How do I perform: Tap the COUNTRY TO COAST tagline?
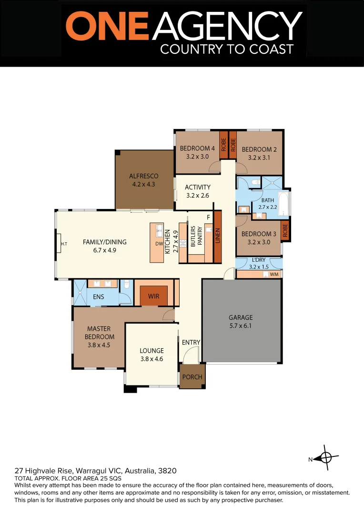(x=226, y=49)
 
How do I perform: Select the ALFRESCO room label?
(x=144, y=176)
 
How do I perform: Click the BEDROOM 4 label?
(x=197, y=148)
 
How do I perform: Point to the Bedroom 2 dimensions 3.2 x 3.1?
(x=259, y=158)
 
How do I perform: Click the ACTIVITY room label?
(x=198, y=187)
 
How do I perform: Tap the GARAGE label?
(x=241, y=317)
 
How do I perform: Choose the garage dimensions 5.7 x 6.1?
(x=241, y=326)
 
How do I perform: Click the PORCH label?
(x=192, y=377)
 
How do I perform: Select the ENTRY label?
(x=191, y=343)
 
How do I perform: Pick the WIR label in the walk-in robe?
(x=153, y=297)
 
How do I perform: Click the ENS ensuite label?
(x=99, y=297)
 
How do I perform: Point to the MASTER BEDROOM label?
(x=99, y=333)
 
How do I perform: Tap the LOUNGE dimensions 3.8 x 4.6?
(x=152, y=359)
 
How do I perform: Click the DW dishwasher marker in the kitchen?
(x=159, y=244)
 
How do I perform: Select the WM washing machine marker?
(x=274, y=275)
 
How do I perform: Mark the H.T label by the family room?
(x=64, y=244)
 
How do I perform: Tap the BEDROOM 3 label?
(x=259, y=234)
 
